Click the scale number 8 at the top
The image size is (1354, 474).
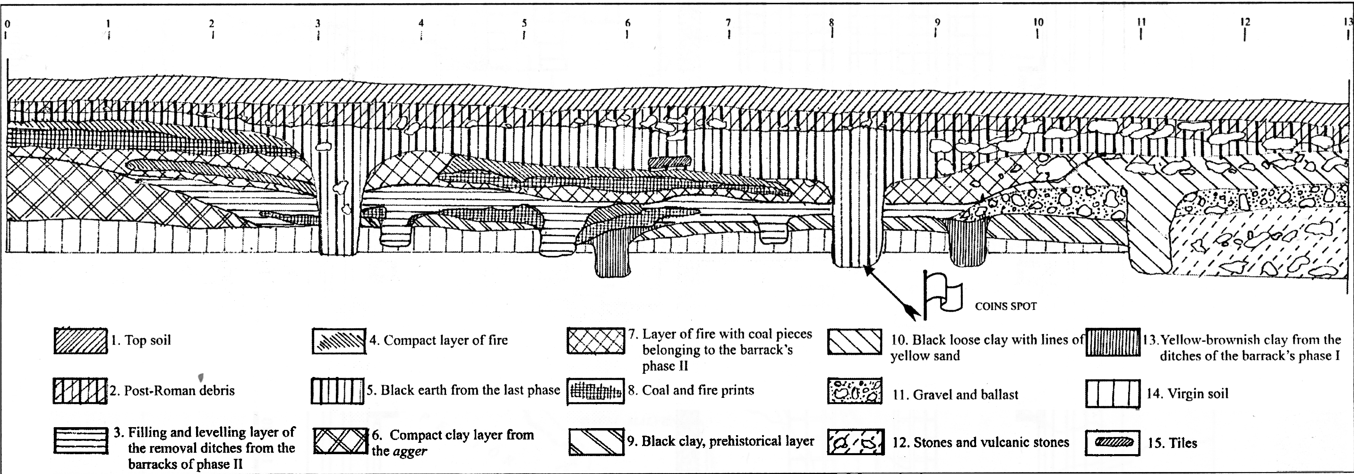point(831,23)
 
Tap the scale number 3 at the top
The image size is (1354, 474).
point(317,23)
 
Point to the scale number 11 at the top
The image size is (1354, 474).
point(1141,23)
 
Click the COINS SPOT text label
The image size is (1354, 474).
point(1005,306)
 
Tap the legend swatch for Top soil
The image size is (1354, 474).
point(80,341)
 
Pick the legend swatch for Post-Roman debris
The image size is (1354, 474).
point(80,391)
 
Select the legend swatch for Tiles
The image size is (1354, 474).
point(1112,442)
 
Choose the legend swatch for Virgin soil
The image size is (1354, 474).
point(1112,394)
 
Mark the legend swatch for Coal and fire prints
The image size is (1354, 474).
point(596,391)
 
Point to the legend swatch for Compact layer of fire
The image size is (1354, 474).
point(338,341)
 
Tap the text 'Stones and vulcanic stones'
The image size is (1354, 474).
point(980,442)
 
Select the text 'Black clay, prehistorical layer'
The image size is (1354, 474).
point(720,441)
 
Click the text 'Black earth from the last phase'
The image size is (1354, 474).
point(463,390)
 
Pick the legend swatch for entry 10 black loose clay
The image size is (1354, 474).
point(855,342)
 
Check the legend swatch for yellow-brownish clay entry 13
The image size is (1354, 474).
point(1112,342)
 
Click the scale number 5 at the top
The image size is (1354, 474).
point(524,23)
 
